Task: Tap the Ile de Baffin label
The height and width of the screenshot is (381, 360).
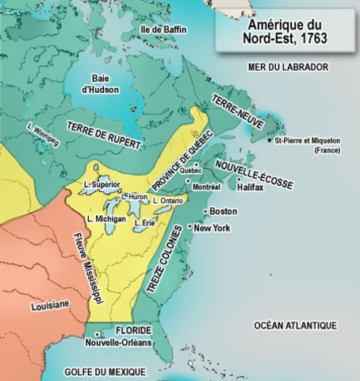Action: coord(163,29)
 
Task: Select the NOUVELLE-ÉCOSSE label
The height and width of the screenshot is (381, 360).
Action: coord(254,174)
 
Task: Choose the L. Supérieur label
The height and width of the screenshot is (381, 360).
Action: coord(102,183)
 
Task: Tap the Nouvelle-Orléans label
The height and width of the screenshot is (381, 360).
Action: coord(119,344)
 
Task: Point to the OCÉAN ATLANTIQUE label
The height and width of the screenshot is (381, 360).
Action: coord(295,325)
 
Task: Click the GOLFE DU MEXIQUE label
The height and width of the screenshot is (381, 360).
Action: coord(105,371)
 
